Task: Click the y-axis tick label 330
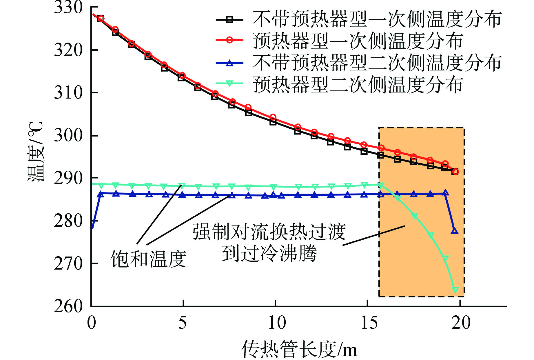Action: (x=68, y=8)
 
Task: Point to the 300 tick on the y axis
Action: (x=68, y=135)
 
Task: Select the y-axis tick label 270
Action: (x=68, y=263)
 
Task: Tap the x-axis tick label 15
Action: (x=369, y=322)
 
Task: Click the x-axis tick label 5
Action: (x=183, y=322)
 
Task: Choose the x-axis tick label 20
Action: (x=461, y=322)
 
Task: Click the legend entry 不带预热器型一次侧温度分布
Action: (x=377, y=19)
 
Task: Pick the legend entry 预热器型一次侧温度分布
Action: (x=358, y=41)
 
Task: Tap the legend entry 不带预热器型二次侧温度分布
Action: (x=377, y=63)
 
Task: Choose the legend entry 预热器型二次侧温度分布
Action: (x=358, y=84)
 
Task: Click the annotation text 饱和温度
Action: (x=148, y=259)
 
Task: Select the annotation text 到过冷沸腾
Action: (x=269, y=253)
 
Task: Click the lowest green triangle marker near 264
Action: (x=455, y=290)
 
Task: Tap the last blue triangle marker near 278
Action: (x=455, y=231)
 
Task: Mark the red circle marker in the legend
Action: (x=229, y=40)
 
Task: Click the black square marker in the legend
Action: (x=229, y=19)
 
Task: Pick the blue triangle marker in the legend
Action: (x=229, y=63)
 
